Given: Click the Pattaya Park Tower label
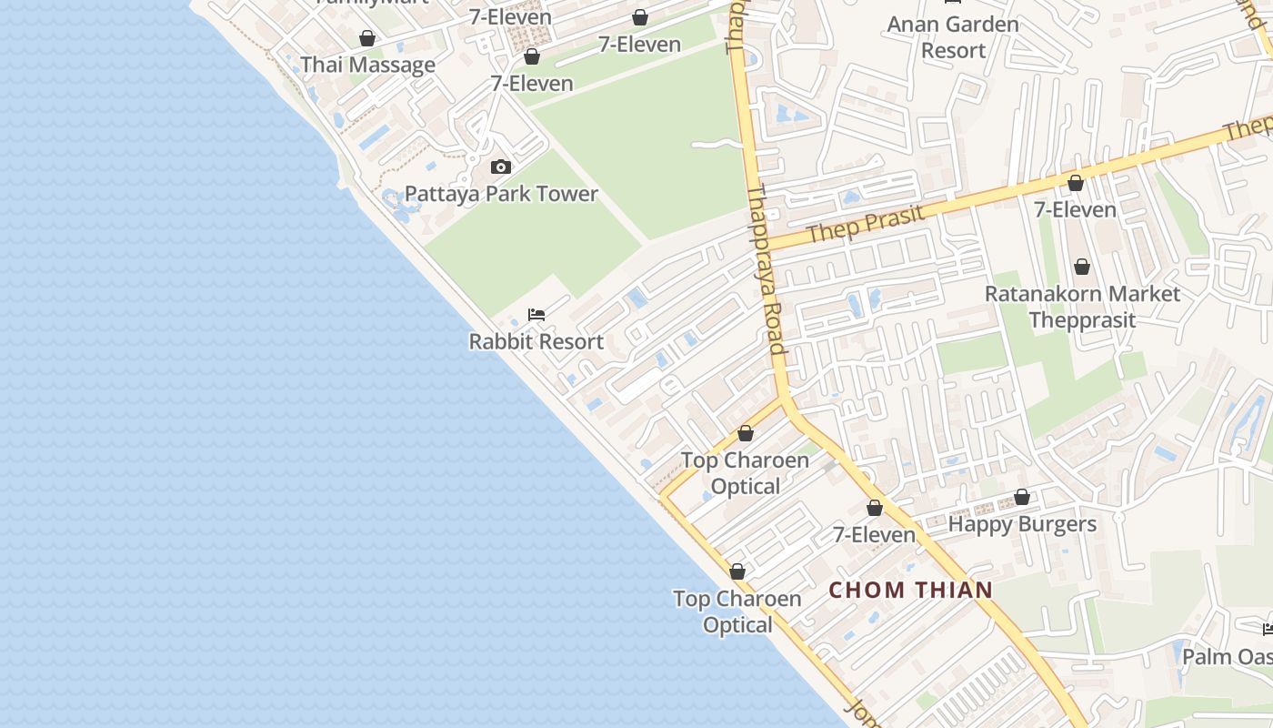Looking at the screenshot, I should [x=501, y=194].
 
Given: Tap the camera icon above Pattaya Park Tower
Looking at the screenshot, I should [x=501, y=167].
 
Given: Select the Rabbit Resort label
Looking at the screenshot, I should [x=536, y=342].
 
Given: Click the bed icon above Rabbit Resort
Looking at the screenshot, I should [x=536, y=315].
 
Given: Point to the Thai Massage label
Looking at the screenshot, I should [x=367, y=66].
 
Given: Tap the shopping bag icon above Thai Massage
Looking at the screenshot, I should [x=367, y=38].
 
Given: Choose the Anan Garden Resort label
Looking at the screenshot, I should [x=953, y=37].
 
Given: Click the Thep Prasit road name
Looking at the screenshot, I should [x=865, y=223].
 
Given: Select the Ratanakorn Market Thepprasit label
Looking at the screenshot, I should [x=1082, y=307].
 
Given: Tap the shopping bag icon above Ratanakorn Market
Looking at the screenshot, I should [x=1082, y=267].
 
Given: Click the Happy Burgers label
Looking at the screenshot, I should [x=1022, y=524].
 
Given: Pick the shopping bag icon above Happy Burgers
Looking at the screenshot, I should [x=1022, y=498].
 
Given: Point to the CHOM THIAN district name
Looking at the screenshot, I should [x=910, y=590].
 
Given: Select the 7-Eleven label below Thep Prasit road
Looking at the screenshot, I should [x=1075, y=210].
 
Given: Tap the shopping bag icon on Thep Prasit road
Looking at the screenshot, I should [x=1076, y=183].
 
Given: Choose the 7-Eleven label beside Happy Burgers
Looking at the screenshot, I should [x=874, y=535].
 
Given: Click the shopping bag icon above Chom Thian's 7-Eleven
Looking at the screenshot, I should [x=875, y=508].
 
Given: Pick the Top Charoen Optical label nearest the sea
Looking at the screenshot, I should [x=737, y=612].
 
